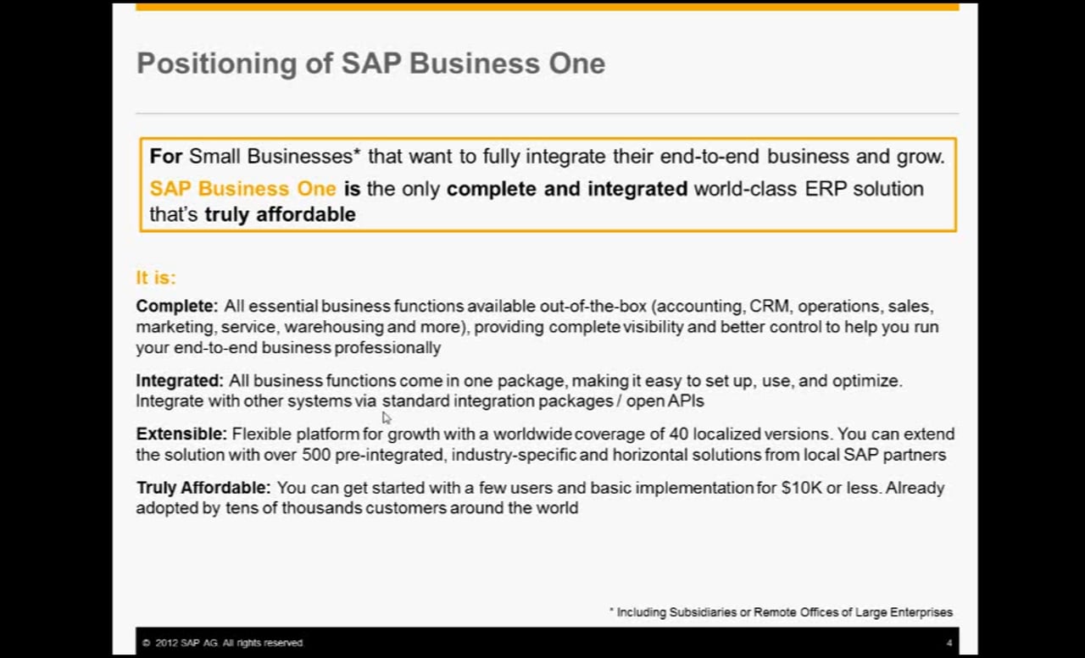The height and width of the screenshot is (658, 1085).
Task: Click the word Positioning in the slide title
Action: [x=217, y=64]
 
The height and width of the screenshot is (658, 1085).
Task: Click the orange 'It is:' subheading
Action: [x=156, y=278]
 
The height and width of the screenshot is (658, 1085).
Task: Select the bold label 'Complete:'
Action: [x=177, y=307]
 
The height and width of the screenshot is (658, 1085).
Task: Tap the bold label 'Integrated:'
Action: [x=180, y=381]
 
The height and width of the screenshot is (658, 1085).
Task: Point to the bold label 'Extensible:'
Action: [x=181, y=434]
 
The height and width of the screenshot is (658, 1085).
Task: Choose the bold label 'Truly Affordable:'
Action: [x=203, y=488]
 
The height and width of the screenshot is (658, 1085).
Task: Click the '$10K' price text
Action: [x=802, y=488]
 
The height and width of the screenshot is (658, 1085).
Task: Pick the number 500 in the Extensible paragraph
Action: [x=316, y=455]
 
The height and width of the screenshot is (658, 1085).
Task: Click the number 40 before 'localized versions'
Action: [x=679, y=434]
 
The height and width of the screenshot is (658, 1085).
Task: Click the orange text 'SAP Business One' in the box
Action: [x=242, y=189]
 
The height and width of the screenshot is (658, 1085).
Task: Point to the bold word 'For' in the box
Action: [x=165, y=157]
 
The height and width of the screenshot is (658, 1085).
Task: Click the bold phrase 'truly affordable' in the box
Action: [x=281, y=214]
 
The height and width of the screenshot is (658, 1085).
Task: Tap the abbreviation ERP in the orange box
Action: [x=825, y=189]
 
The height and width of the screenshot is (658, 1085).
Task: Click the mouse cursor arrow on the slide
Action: [x=386, y=417]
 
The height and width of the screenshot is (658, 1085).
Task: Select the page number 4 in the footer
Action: [x=949, y=643]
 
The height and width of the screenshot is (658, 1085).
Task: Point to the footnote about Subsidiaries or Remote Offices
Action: [x=781, y=612]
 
